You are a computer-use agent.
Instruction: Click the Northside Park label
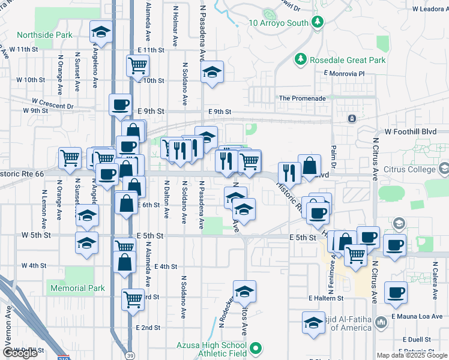tap(44, 35)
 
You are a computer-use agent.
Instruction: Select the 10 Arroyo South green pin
tap(318, 23)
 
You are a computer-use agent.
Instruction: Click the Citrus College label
tap(414, 169)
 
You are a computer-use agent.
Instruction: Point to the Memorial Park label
tap(77, 288)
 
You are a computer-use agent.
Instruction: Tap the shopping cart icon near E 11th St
tap(138, 65)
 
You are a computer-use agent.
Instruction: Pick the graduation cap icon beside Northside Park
tap(101, 31)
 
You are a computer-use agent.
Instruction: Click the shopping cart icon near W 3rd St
tap(133, 298)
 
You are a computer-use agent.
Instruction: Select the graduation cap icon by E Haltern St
tap(313, 322)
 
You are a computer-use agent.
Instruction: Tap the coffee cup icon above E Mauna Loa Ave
tap(396, 292)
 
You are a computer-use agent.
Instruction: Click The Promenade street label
tap(303, 98)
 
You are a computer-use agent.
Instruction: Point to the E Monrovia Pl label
tap(343, 73)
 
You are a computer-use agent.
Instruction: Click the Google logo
tap(20, 353)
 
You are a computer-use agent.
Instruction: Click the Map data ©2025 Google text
tap(411, 355)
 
